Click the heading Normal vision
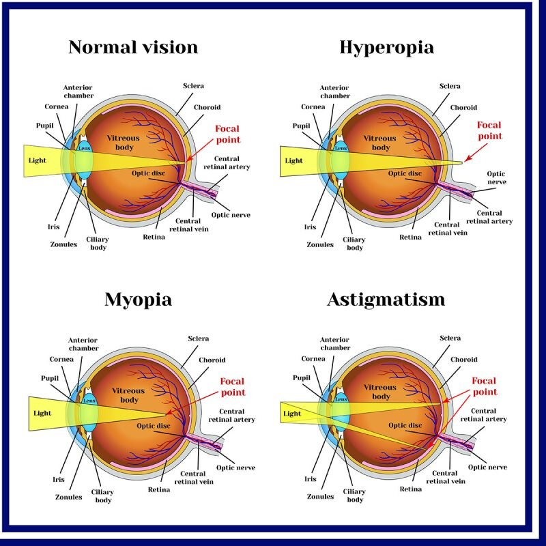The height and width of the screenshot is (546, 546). click(x=133, y=47)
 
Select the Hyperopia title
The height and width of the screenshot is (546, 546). click(x=387, y=48)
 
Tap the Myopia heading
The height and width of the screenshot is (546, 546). click(x=139, y=300)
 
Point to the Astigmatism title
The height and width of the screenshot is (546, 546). click(x=386, y=300)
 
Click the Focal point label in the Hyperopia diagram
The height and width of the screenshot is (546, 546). click(x=489, y=130)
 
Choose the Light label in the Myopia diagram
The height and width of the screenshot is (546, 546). click(x=42, y=414)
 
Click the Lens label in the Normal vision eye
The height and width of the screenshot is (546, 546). click(x=85, y=148)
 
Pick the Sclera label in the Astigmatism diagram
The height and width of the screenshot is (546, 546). click(x=450, y=338)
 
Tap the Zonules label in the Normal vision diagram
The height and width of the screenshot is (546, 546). click(x=63, y=244)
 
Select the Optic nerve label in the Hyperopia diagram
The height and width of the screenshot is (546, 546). click(x=497, y=177)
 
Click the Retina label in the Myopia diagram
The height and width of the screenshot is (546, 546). click(x=159, y=489)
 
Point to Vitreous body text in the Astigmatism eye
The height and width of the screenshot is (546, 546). click(x=380, y=392)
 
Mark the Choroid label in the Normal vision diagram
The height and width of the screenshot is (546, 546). click(x=207, y=107)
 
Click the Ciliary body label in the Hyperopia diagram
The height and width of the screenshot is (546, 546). click(x=354, y=244)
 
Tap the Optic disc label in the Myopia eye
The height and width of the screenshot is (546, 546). click(x=154, y=426)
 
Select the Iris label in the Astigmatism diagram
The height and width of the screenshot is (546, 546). click(x=311, y=479)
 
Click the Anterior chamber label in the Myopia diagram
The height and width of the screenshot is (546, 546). click(x=83, y=344)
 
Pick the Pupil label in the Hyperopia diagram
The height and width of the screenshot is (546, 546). click(x=301, y=126)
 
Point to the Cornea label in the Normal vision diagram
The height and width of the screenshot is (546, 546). click(x=57, y=106)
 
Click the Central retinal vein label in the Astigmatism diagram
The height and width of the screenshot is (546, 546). click(x=446, y=477)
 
